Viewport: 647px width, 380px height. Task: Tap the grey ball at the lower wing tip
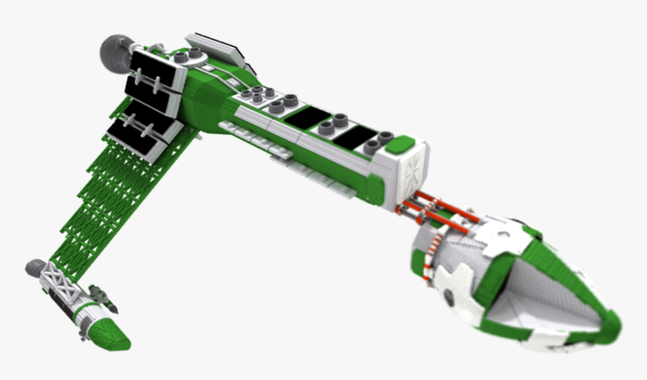(x=35, y=268)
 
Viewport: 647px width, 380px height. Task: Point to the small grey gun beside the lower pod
(x=102, y=296)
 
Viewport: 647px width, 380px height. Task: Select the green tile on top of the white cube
(x=403, y=143)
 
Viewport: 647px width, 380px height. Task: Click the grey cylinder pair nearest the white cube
(x=380, y=142)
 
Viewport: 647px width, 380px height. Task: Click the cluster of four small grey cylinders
(x=257, y=94)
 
